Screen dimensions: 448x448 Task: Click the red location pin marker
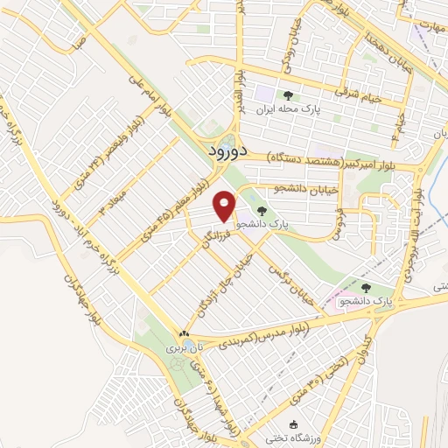(226, 206)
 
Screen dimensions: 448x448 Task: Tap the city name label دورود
(230, 151)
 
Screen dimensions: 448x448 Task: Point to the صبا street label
(80, 39)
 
